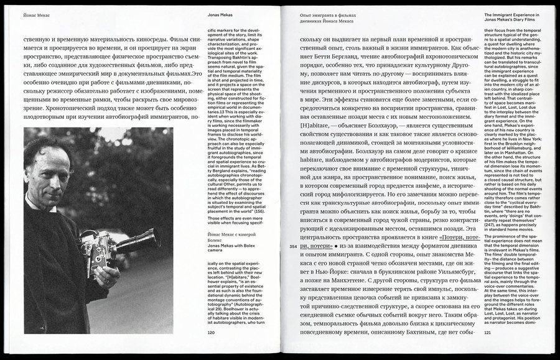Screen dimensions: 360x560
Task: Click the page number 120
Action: (212, 332)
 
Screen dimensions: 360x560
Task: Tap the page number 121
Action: (488, 332)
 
